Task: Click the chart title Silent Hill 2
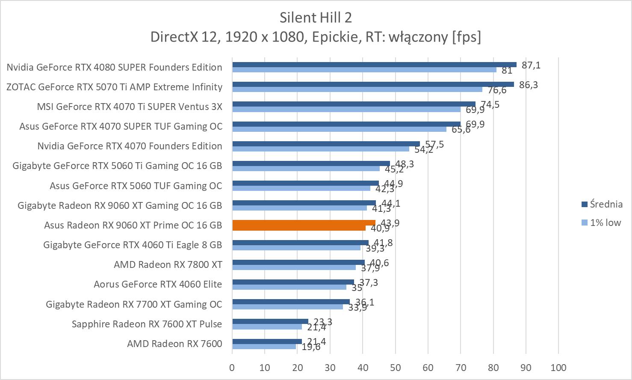pos(316,18)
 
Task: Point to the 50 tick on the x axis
pos(396,368)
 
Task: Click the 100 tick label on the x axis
pos(558,368)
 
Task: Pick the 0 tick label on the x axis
pos(232,368)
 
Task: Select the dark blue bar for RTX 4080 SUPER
pos(374,65)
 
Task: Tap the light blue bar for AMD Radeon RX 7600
pos(264,347)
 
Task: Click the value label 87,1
pos(531,65)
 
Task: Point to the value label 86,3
pos(529,85)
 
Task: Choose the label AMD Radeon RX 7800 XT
pos(168,264)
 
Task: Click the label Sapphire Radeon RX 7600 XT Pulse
pos(147,324)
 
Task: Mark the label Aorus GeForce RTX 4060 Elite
pos(158,284)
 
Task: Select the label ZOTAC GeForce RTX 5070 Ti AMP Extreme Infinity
pos(115,87)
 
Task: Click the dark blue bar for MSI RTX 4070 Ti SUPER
pos(354,104)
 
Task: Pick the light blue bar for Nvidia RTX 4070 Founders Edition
pos(321,149)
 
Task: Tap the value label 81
pos(507,70)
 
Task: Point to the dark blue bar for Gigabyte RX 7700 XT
pos(291,302)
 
